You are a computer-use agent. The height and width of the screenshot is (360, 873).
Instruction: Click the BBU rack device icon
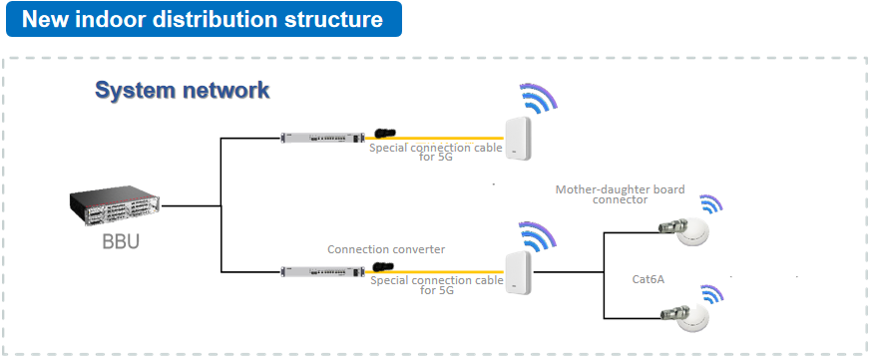115,205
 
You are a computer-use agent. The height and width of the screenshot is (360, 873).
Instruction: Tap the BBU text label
121,241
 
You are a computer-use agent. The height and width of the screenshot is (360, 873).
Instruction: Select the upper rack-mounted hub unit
322,138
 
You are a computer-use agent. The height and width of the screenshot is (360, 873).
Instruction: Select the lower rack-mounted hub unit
322,271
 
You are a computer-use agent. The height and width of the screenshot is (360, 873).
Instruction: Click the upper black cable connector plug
385,133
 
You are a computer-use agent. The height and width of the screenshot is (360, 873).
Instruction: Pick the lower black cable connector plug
383,267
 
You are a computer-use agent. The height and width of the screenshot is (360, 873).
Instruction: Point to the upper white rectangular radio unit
519,138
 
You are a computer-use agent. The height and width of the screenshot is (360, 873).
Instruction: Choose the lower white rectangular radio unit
519,273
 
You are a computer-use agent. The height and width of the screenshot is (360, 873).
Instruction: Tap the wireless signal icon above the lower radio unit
537,235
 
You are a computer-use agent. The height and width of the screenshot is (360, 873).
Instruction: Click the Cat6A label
649,279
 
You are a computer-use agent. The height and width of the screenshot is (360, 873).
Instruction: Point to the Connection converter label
386,249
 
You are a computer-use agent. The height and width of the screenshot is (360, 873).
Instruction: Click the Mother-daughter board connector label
621,194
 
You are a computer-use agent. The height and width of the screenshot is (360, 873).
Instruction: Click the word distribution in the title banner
215,20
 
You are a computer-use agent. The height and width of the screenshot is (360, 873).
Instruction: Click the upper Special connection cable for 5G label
436,152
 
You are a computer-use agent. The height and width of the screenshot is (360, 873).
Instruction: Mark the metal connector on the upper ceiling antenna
669,226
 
